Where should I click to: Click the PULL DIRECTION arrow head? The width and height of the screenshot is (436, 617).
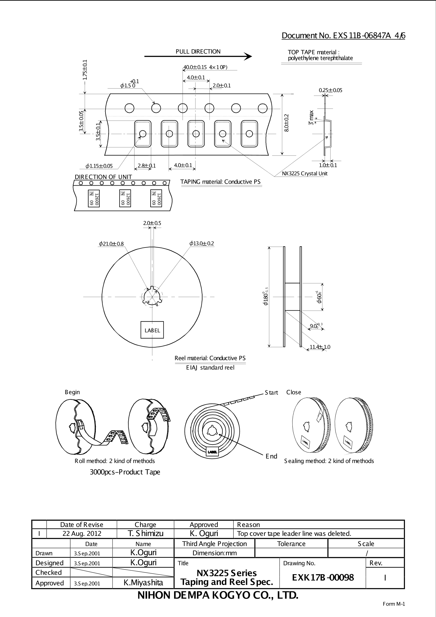(x=248, y=57)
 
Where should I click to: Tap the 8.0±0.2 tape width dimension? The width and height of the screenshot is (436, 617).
(x=287, y=123)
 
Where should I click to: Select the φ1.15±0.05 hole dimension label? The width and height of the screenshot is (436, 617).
(x=99, y=166)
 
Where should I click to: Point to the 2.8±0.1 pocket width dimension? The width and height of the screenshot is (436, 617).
(x=147, y=166)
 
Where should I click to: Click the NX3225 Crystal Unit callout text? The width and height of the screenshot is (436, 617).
(x=305, y=173)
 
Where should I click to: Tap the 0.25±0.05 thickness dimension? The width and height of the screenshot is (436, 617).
(x=330, y=90)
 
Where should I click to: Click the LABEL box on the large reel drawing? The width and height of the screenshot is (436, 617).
(x=152, y=330)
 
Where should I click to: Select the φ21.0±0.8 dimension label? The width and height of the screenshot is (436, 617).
(x=111, y=244)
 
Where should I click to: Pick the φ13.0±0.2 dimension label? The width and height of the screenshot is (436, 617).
(x=202, y=243)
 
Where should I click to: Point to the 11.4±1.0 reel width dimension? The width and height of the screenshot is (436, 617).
(x=320, y=347)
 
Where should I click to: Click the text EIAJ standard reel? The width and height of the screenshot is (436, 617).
(x=210, y=367)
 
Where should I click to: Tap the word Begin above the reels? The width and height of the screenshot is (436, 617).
(x=72, y=392)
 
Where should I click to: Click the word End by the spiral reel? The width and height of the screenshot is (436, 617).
(x=271, y=456)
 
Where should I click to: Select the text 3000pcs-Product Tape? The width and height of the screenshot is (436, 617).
(x=125, y=472)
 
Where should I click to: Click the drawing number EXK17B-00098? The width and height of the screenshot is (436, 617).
(x=323, y=577)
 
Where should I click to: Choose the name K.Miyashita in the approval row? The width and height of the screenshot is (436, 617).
(x=143, y=583)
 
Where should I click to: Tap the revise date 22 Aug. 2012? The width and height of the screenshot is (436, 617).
(x=82, y=533)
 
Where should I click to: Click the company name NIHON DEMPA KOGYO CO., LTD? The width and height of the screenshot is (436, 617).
(x=218, y=595)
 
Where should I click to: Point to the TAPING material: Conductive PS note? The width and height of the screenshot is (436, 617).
(x=220, y=182)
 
